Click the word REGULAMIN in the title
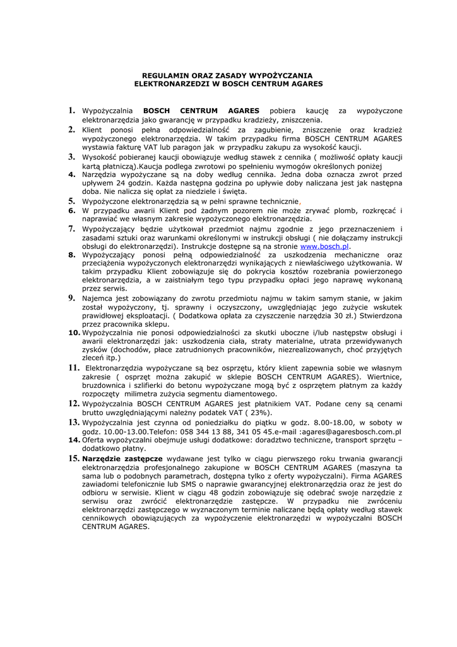pyautogui.click(x=161, y=74)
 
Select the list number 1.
pyautogui.click(x=72, y=111)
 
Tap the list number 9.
pyautogui.click(x=72, y=298)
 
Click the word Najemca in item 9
pyautogui.click(x=99, y=298)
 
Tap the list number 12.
pyautogui.click(x=74, y=402)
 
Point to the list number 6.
pyautogui.click(x=72, y=209)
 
